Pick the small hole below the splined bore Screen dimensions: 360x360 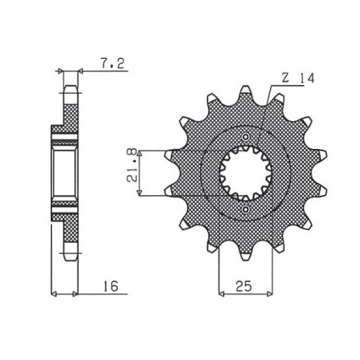pyautogui.click(x=245, y=209)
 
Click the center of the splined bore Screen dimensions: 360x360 pyautogui.click(x=245, y=173)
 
